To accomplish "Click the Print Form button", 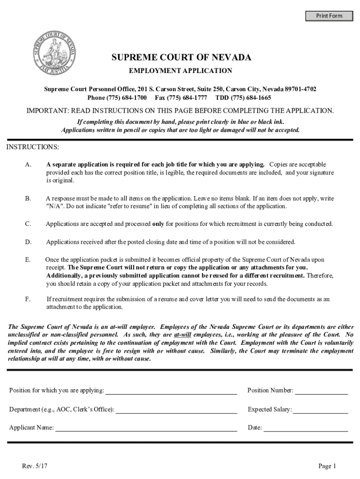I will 329,16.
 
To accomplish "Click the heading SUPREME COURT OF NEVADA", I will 181,58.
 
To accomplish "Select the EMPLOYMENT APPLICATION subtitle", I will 180,71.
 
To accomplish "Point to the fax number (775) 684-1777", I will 187,98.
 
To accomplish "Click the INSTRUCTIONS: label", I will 32,147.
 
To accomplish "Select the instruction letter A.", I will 29,165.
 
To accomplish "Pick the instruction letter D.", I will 29,242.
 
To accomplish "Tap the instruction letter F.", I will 28,299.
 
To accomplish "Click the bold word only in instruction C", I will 158,224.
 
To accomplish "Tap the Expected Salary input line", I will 320,410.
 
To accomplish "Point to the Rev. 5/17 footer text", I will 35,466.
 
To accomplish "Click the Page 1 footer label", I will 327,466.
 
